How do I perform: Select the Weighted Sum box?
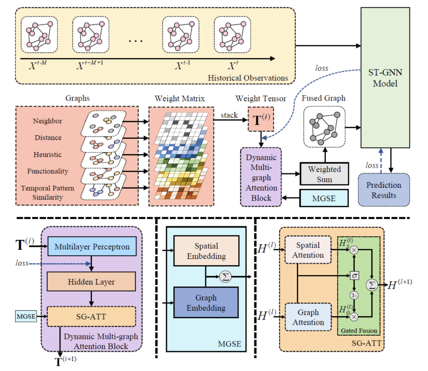click(x=325, y=173)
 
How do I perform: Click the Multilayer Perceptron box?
click(x=92, y=247)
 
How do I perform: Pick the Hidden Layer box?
click(x=92, y=282)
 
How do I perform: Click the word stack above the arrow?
click(x=229, y=115)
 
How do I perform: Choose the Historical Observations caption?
click(x=248, y=78)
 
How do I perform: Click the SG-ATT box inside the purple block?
click(x=92, y=316)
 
